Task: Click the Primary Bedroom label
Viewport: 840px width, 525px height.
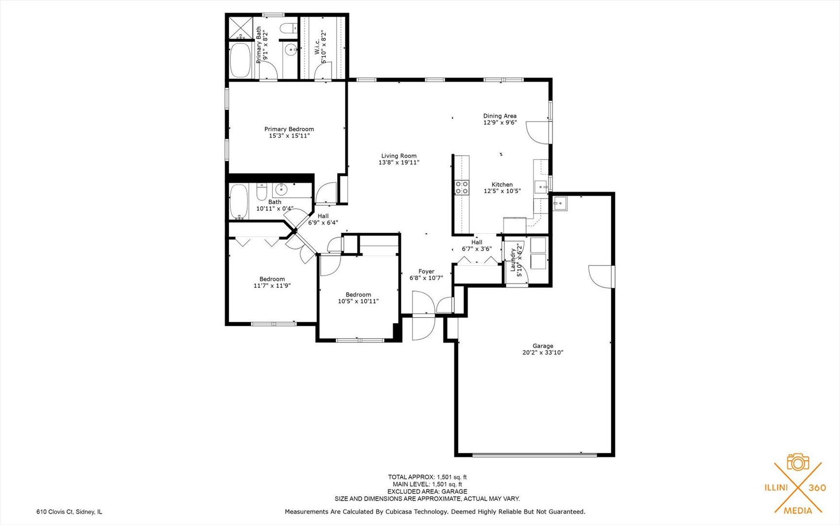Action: (x=289, y=129)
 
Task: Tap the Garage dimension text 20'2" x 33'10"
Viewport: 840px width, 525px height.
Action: (x=542, y=353)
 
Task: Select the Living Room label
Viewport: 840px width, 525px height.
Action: (x=398, y=156)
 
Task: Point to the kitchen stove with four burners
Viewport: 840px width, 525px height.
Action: (x=462, y=188)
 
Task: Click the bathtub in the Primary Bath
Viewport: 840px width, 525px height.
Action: (x=240, y=60)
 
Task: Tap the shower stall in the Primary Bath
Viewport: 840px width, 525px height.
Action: (x=240, y=27)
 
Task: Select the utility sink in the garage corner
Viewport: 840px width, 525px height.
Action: (x=560, y=203)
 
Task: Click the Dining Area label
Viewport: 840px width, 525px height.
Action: (x=499, y=116)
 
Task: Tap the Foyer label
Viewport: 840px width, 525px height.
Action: (x=426, y=272)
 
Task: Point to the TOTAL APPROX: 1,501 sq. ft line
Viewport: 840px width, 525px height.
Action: (x=427, y=477)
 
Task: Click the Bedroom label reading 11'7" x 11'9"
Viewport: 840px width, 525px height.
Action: (x=272, y=280)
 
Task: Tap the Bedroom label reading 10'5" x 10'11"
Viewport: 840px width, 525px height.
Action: (x=358, y=295)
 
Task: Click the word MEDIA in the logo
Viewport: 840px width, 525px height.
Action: (x=798, y=510)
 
